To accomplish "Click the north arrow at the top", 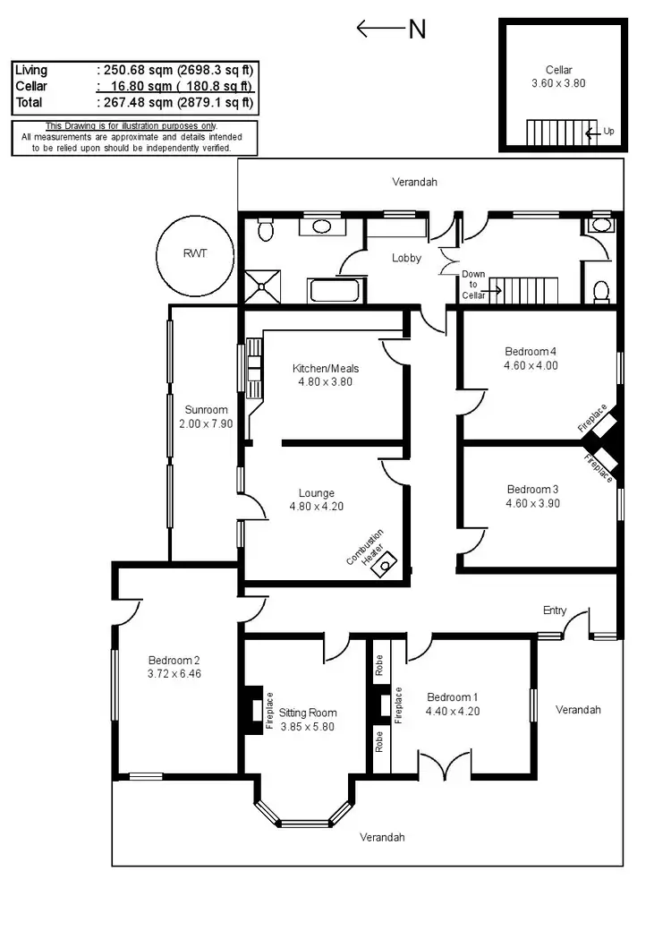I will click(x=390, y=29).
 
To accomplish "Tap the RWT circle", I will click(x=194, y=254).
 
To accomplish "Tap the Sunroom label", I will click(x=200, y=410).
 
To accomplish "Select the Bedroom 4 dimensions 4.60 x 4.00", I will click(x=531, y=365).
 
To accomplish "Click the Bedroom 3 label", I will click(x=532, y=489).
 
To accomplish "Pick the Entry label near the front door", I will click(x=555, y=611).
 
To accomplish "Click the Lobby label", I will click(x=406, y=258).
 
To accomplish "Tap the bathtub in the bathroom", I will click(x=335, y=291).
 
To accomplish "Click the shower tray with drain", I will click(x=262, y=286).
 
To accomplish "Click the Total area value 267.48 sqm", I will click(x=176, y=103).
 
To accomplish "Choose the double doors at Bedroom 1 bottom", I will click(x=445, y=766).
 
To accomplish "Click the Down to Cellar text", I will click(x=473, y=285).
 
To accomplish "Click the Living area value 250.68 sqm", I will click(x=176, y=70).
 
